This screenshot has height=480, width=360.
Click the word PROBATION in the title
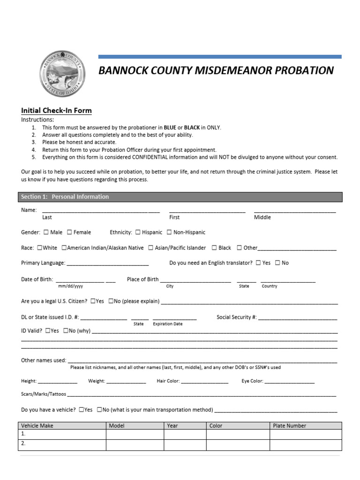(x=304, y=71)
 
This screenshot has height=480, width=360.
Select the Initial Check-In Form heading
(x=56, y=111)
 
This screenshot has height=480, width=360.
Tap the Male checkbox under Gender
(x=46, y=232)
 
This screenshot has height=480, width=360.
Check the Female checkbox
(x=69, y=232)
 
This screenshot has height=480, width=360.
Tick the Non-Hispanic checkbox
(x=169, y=232)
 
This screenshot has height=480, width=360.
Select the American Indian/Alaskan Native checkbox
(x=64, y=247)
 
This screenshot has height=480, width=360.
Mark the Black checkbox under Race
(x=214, y=247)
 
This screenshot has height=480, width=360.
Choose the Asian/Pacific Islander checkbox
(x=150, y=247)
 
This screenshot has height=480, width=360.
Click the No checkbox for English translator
(x=277, y=263)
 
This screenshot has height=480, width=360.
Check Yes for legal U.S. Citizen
(x=93, y=301)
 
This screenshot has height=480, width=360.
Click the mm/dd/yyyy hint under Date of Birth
(x=70, y=286)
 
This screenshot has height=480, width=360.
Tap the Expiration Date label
(x=167, y=324)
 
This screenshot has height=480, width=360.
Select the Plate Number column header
(x=289, y=426)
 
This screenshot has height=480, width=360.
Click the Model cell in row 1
(x=135, y=434)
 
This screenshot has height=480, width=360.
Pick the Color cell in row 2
(x=238, y=444)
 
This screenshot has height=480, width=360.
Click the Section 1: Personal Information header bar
(x=180, y=197)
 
